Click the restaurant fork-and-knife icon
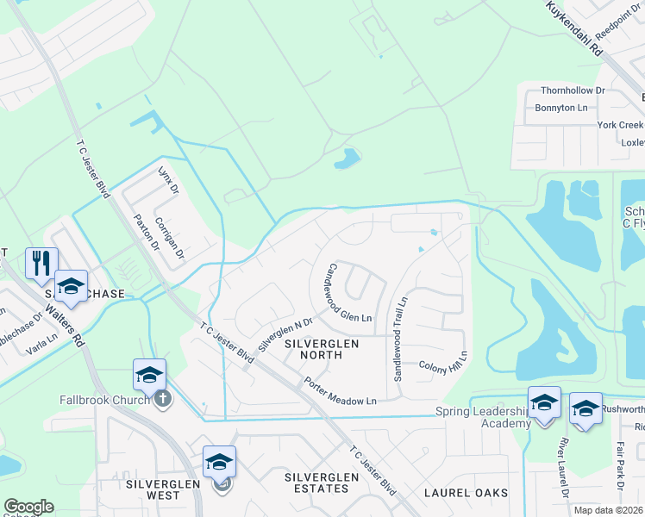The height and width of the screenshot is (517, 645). tap(41, 262)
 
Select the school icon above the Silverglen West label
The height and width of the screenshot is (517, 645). tap(219, 463)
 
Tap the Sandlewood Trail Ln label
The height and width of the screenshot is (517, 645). tap(398, 340)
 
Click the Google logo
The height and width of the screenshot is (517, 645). tap(28, 506)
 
